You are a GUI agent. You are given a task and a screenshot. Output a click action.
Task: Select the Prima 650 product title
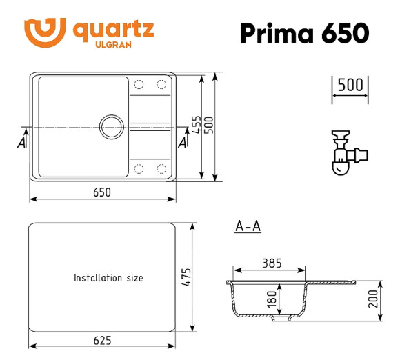(x=303, y=33)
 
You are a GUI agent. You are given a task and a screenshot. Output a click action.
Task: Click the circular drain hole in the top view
(x=110, y=126)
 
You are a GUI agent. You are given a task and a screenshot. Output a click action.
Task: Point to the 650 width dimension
(x=102, y=192)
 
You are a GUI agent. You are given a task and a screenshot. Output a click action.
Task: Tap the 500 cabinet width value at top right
(x=350, y=86)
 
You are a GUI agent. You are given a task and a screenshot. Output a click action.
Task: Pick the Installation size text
(x=108, y=278)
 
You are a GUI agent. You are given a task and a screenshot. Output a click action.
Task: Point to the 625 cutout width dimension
(x=101, y=339)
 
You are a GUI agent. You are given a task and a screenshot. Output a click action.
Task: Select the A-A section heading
(x=247, y=226)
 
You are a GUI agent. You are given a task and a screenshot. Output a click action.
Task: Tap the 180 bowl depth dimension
(x=272, y=299)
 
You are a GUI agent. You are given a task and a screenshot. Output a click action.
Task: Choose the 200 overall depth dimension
(x=373, y=299)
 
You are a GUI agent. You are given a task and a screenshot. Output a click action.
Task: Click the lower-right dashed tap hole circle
(x=163, y=169)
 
